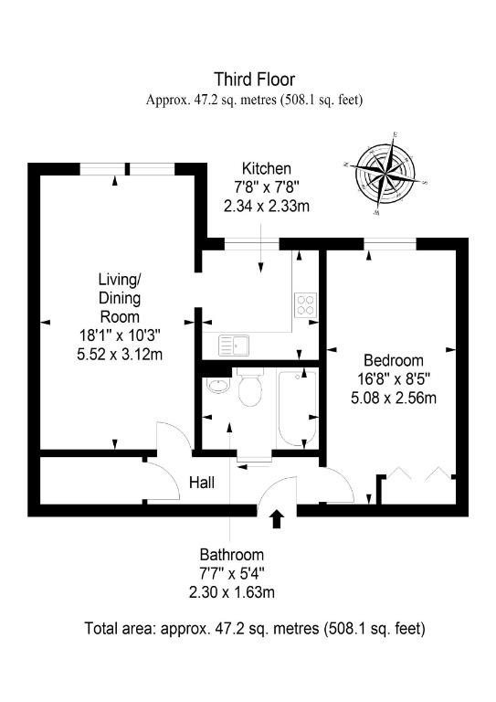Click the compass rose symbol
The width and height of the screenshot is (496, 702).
(385, 174)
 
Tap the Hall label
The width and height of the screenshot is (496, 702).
(202, 483)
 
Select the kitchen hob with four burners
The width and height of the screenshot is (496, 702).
(306, 305)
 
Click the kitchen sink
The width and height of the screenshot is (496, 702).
(235, 346)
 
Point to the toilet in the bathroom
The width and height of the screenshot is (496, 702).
(249, 387)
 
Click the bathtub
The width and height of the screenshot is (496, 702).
(297, 407)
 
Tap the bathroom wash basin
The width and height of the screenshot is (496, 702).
(217, 385)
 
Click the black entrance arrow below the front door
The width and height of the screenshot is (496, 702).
(278, 518)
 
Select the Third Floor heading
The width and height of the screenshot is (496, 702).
(255, 80)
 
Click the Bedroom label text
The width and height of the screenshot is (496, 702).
(394, 360)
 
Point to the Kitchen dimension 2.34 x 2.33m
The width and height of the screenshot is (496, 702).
(267, 207)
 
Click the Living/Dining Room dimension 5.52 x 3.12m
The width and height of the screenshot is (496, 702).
(120, 355)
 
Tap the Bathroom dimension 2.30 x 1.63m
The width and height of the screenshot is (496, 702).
(232, 592)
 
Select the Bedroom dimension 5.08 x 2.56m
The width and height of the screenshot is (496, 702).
(394, 398)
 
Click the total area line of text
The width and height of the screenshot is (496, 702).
(255, 629)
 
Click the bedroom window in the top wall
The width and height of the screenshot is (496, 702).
(389, 244)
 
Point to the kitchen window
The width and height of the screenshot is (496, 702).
(252, 244)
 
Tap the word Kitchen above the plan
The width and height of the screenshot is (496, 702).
(267, 169)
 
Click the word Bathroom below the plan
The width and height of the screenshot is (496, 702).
(232, 555)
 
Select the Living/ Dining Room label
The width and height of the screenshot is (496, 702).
(120, 298)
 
